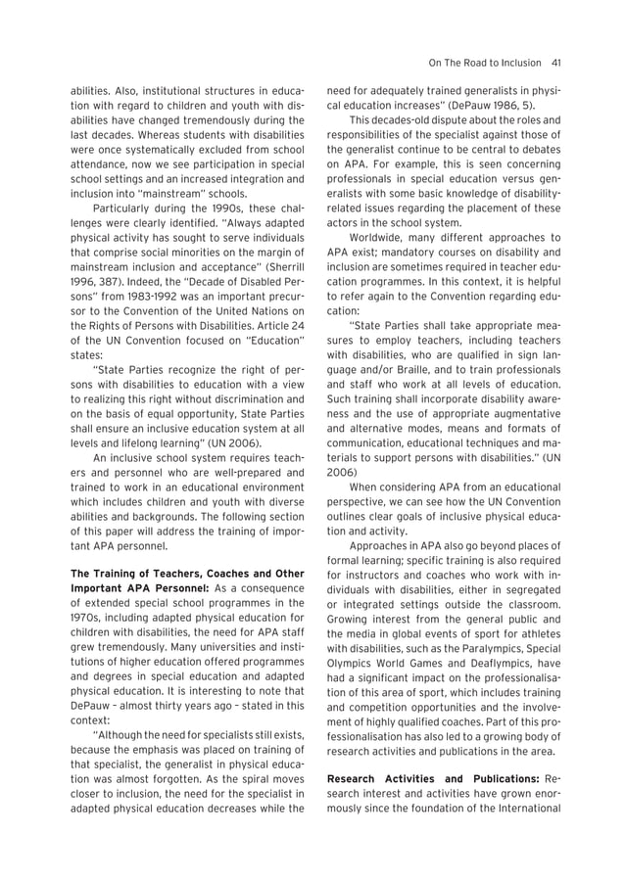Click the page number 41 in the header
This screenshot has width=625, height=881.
click(554, 64)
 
